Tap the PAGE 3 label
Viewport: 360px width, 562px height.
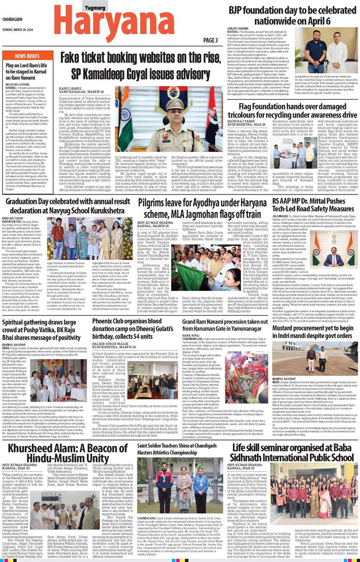click(x=210, y=40)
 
